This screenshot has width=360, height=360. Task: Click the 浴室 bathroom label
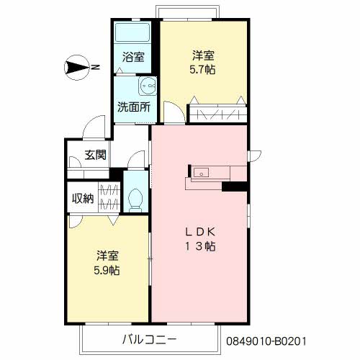(x=133, y=57)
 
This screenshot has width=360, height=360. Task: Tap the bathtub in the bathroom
(x=132, y=32)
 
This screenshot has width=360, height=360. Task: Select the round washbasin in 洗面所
(x=148, y=85)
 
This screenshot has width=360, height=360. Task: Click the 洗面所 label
(x=134, y=107)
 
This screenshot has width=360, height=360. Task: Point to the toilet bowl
(x=135, y=200)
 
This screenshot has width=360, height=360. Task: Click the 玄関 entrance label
(x=96, y=155)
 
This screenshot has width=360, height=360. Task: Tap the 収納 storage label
(x=83, y=199)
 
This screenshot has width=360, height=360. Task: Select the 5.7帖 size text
(x=202, y=70)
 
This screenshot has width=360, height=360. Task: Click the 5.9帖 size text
(x=107, y=271)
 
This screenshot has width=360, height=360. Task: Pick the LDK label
(x=200, y=232)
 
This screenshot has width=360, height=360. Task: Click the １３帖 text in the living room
(x=200, y=246)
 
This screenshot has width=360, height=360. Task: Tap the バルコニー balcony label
(x=149, y=340)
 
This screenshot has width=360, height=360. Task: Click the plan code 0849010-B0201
(x=266, y=341)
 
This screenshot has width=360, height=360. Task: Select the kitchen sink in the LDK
(x=201, y=172)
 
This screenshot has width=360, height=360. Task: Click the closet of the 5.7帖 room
(x=218, y=114)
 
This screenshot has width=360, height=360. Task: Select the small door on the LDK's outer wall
(x=254, y=156)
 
